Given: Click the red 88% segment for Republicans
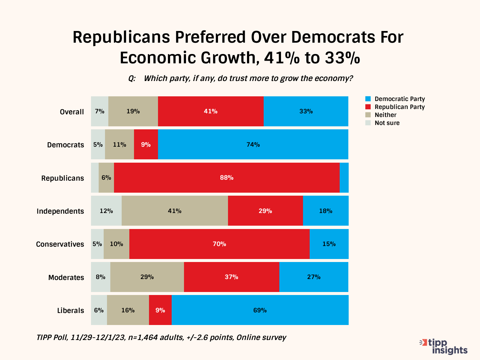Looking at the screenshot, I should point(227,178).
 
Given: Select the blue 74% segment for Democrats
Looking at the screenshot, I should point(253,144).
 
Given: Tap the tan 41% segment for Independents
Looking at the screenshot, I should point(175,211).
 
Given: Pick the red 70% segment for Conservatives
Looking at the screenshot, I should point(219,244).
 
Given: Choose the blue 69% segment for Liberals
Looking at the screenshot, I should point(260,310).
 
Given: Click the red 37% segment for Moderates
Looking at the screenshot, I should point(231,277).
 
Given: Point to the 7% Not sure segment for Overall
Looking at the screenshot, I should point(100,111).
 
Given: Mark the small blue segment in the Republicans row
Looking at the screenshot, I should point(344,178).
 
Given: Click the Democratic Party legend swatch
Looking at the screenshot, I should point(368,99).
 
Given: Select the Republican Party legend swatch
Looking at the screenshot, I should point(368,107).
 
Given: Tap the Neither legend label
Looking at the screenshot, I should point(385,115).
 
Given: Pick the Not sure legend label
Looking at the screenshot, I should point(387,123).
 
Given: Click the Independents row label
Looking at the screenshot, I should point(60,211).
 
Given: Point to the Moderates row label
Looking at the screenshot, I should point(66,277).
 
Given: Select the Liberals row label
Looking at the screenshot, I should point(70,310).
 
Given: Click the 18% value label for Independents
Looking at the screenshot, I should point(326,211).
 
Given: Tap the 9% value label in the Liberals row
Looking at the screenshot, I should point(160,310).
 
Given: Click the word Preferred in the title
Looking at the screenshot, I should point(211,37).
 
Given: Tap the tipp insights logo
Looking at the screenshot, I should point(444,346).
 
